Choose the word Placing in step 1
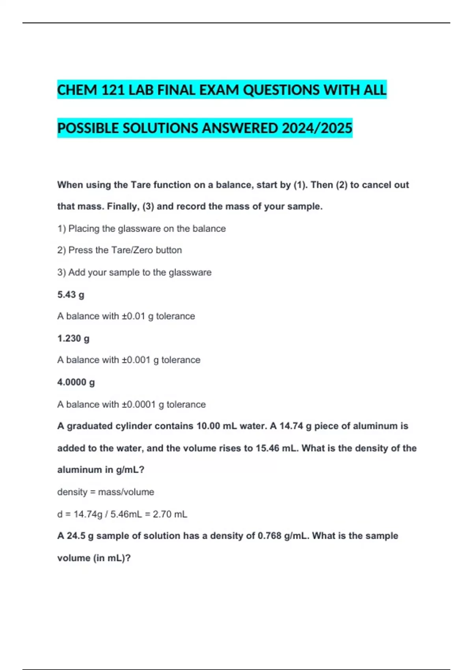[84, 229]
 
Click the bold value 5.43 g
[71, 295]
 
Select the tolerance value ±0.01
[133, 316]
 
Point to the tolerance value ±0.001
[136, 360]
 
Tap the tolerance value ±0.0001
[139, 404]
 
